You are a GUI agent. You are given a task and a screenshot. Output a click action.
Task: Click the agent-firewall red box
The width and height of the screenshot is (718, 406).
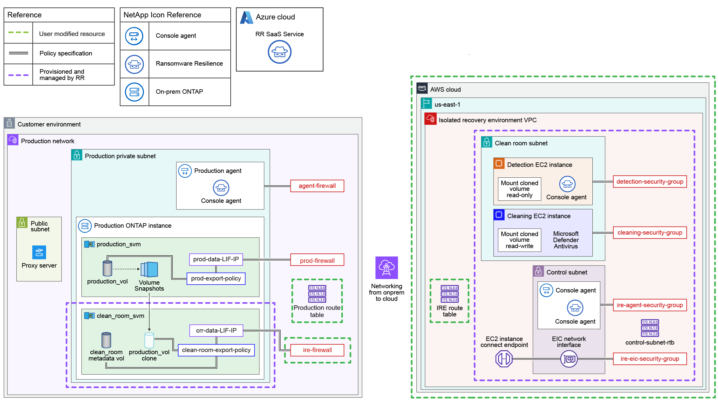click(317, 186)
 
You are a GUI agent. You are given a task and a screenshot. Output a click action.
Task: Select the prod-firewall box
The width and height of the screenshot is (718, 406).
click(317, 260)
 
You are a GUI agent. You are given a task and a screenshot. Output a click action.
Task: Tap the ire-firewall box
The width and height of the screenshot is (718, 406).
click(317, 350)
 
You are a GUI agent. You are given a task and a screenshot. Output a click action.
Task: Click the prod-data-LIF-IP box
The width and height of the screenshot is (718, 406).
click(216, 259)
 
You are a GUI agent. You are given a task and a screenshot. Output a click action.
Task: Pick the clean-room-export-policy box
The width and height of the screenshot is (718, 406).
click(216, 350)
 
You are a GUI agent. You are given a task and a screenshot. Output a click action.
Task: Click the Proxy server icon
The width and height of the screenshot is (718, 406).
click(39, 252)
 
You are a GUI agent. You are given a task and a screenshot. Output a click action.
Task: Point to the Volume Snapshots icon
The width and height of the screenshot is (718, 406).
click(150, 269)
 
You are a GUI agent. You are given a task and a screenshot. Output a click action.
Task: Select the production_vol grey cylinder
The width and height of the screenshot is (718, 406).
click(107, 268)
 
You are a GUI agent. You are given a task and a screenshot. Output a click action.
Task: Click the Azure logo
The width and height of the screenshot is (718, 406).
click(247, 17)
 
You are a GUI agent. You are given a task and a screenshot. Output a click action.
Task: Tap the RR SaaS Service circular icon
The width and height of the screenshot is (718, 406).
click(279, 52)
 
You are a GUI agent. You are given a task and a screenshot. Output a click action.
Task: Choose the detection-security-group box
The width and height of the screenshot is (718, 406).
click(649, 182)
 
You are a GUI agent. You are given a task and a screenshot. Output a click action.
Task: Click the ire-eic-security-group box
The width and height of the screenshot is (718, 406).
click(649, 359)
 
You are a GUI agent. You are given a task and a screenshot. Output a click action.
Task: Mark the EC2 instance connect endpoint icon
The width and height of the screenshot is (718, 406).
click(504, 359)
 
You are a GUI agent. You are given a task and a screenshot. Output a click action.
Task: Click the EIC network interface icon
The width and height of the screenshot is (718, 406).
click(569, 359)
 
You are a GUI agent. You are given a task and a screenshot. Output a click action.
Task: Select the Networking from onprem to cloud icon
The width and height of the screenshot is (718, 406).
click(387, 268)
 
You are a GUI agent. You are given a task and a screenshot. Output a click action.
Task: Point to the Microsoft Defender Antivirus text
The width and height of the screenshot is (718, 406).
click(565, 240)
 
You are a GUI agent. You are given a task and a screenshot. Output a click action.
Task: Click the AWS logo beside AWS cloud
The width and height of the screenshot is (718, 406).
click(422, 88)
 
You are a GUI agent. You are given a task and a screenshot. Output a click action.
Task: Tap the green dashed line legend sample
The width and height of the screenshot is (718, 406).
click(18, 32)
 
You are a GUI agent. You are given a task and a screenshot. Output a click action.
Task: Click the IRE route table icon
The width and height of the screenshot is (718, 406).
click(449, 294)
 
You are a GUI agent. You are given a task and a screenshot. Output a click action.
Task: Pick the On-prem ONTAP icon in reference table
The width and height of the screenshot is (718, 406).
click(134, 92)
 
